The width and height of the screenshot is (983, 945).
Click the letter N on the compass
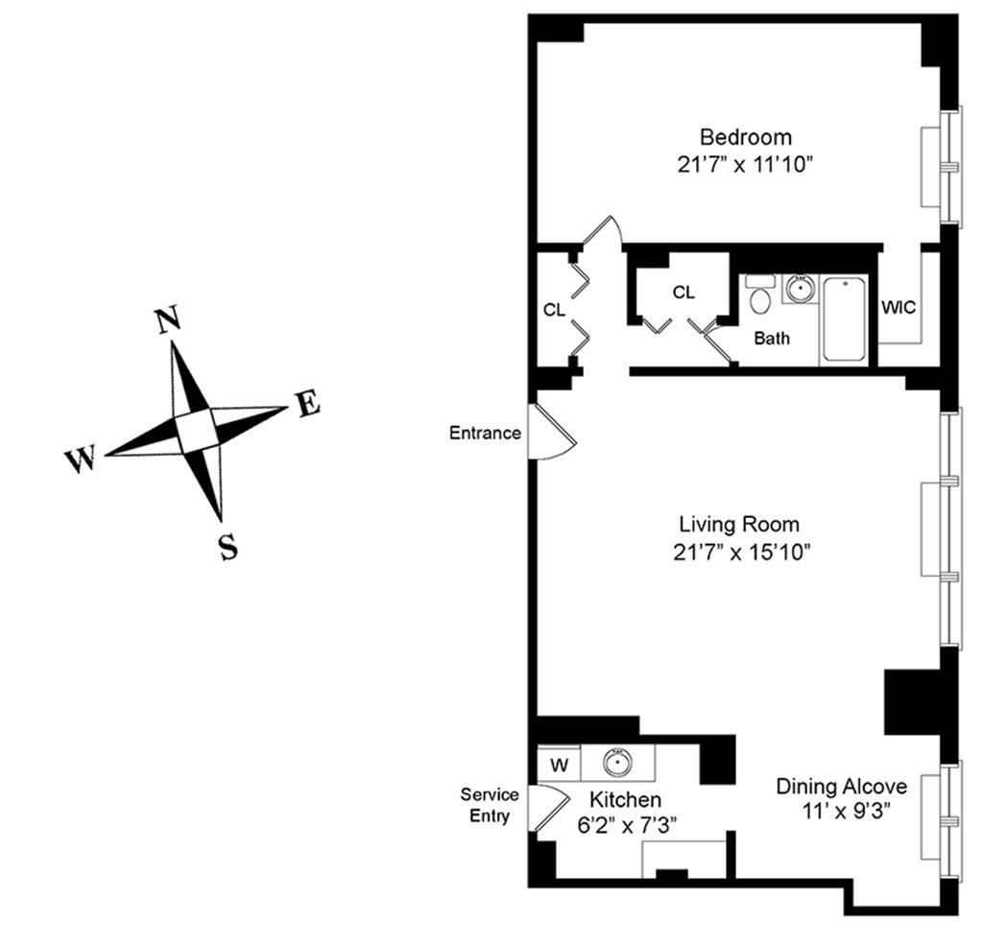point(169,320)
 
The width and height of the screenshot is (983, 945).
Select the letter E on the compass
point(307,405)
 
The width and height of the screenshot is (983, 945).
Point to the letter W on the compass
point(80,461)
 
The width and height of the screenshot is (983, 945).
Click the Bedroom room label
point(745,136)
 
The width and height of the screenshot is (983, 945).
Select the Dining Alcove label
point(841,787)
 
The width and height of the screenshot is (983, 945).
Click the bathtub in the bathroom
point(846,319)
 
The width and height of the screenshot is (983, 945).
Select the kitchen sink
point(617,763)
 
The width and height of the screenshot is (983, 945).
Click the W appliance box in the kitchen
point(558,765)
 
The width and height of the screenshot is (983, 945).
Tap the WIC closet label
point(899,307)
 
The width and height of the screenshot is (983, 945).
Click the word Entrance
point(485,433)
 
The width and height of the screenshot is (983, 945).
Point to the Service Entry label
point(490,805)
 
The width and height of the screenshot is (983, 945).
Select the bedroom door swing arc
point(604,230)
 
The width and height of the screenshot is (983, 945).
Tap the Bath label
point(771,338)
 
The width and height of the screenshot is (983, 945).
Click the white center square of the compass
point(196,431)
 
